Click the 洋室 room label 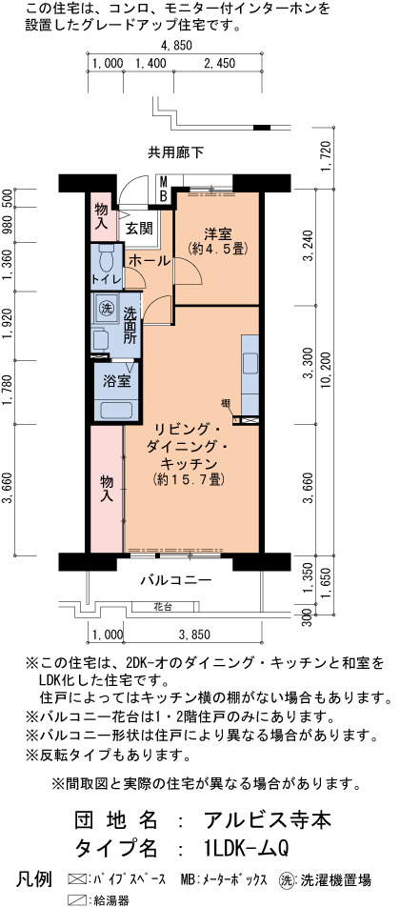click(x=217, y=234)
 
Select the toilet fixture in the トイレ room click(x=107, y=260)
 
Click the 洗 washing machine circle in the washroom click(x=106, y=309)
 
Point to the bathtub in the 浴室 click(x=117, y=410)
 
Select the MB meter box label click(x=164, y=190)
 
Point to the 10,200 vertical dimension click(x=329, y=372)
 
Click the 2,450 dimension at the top click(x=219, y=64)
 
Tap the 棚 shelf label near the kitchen click(x=225, y=403)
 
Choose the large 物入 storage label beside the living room click(x=107, y=488)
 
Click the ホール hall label click(x=150, y=261)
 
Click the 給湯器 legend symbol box click(x=76, y=900)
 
